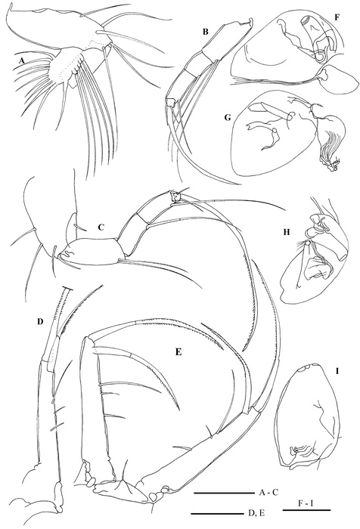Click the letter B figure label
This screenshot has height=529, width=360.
(x=205, y=32)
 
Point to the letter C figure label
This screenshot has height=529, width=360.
(x=101, y=227)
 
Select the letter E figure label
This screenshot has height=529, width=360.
(x=178, y=352)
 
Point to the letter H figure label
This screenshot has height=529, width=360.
(x=299, y=226)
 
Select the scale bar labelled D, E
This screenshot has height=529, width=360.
(x=216, y=514)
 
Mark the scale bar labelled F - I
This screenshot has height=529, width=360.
(x=306, y=510)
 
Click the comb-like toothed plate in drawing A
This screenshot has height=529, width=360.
(x=67, y=67)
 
